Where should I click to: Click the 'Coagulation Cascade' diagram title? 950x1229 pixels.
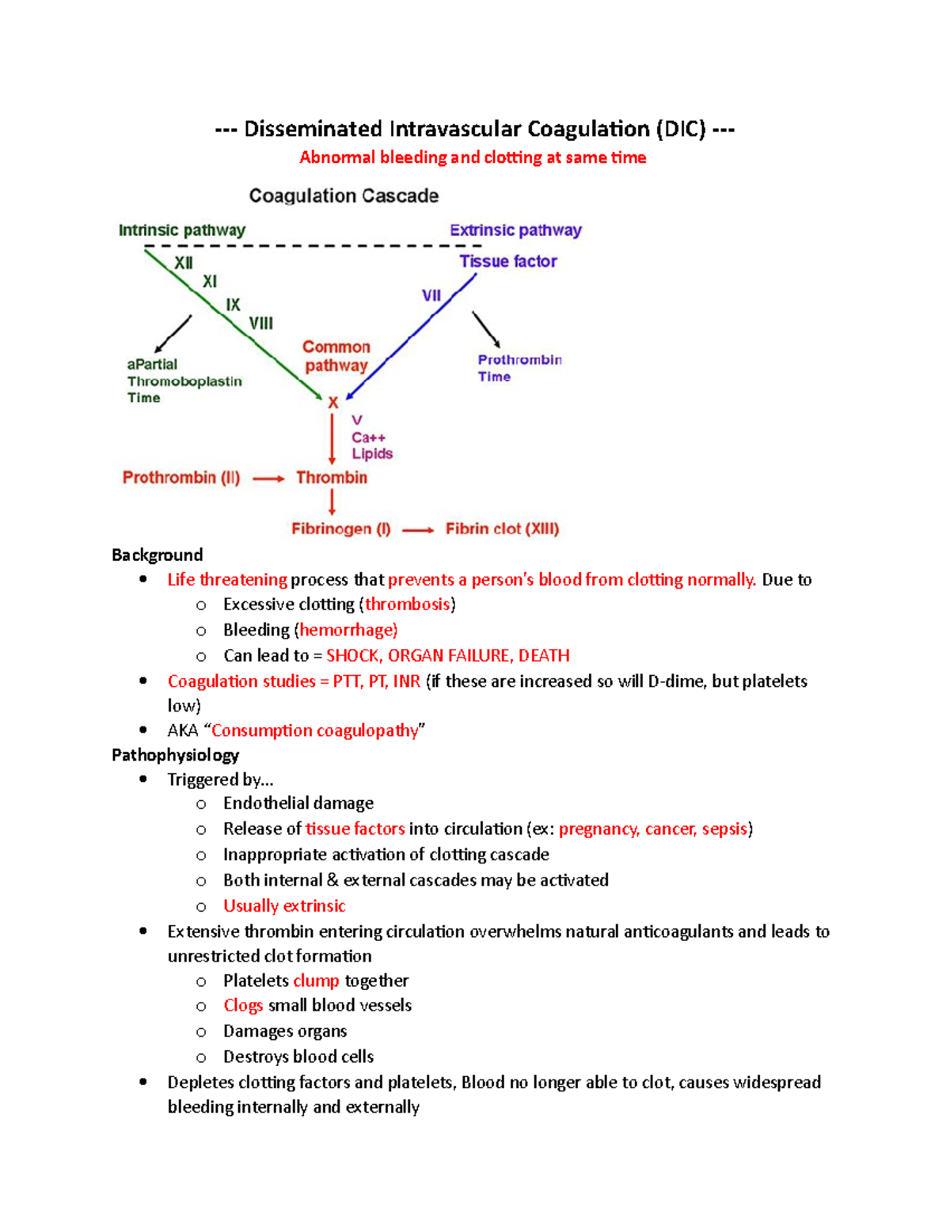tap(344, 195)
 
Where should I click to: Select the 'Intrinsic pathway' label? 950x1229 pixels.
tap(182, 230)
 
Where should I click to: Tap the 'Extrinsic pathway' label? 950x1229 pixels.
tap(515, 230)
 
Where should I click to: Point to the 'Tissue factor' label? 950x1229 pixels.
tap(508, 261)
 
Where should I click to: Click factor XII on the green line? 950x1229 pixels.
tap(184, 263)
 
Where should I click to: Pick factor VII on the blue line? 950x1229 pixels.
tap(431, 295)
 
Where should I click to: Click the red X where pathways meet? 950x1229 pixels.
tap(333, 403)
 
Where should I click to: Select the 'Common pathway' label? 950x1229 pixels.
tap(336, 356)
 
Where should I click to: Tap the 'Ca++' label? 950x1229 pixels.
tap(368, 438)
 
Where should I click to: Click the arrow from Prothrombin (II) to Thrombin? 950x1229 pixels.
tap(268, 478)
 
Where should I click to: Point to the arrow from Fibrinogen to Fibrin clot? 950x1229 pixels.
tap(418, 529)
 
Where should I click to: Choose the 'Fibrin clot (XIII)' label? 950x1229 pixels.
tap(502, 529)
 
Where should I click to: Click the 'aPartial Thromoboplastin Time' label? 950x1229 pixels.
tap(184, 381)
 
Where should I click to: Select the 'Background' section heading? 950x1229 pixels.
tap(158, 555)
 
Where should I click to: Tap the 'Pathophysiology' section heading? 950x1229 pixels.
tap(175, 755)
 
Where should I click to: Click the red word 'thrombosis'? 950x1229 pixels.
tap(407, 605)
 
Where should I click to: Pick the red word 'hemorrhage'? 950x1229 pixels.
tap(347, 630)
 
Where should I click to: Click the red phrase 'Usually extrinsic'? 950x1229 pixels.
tap(284, 905)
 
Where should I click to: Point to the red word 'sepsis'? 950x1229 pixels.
tap(724, 829)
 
